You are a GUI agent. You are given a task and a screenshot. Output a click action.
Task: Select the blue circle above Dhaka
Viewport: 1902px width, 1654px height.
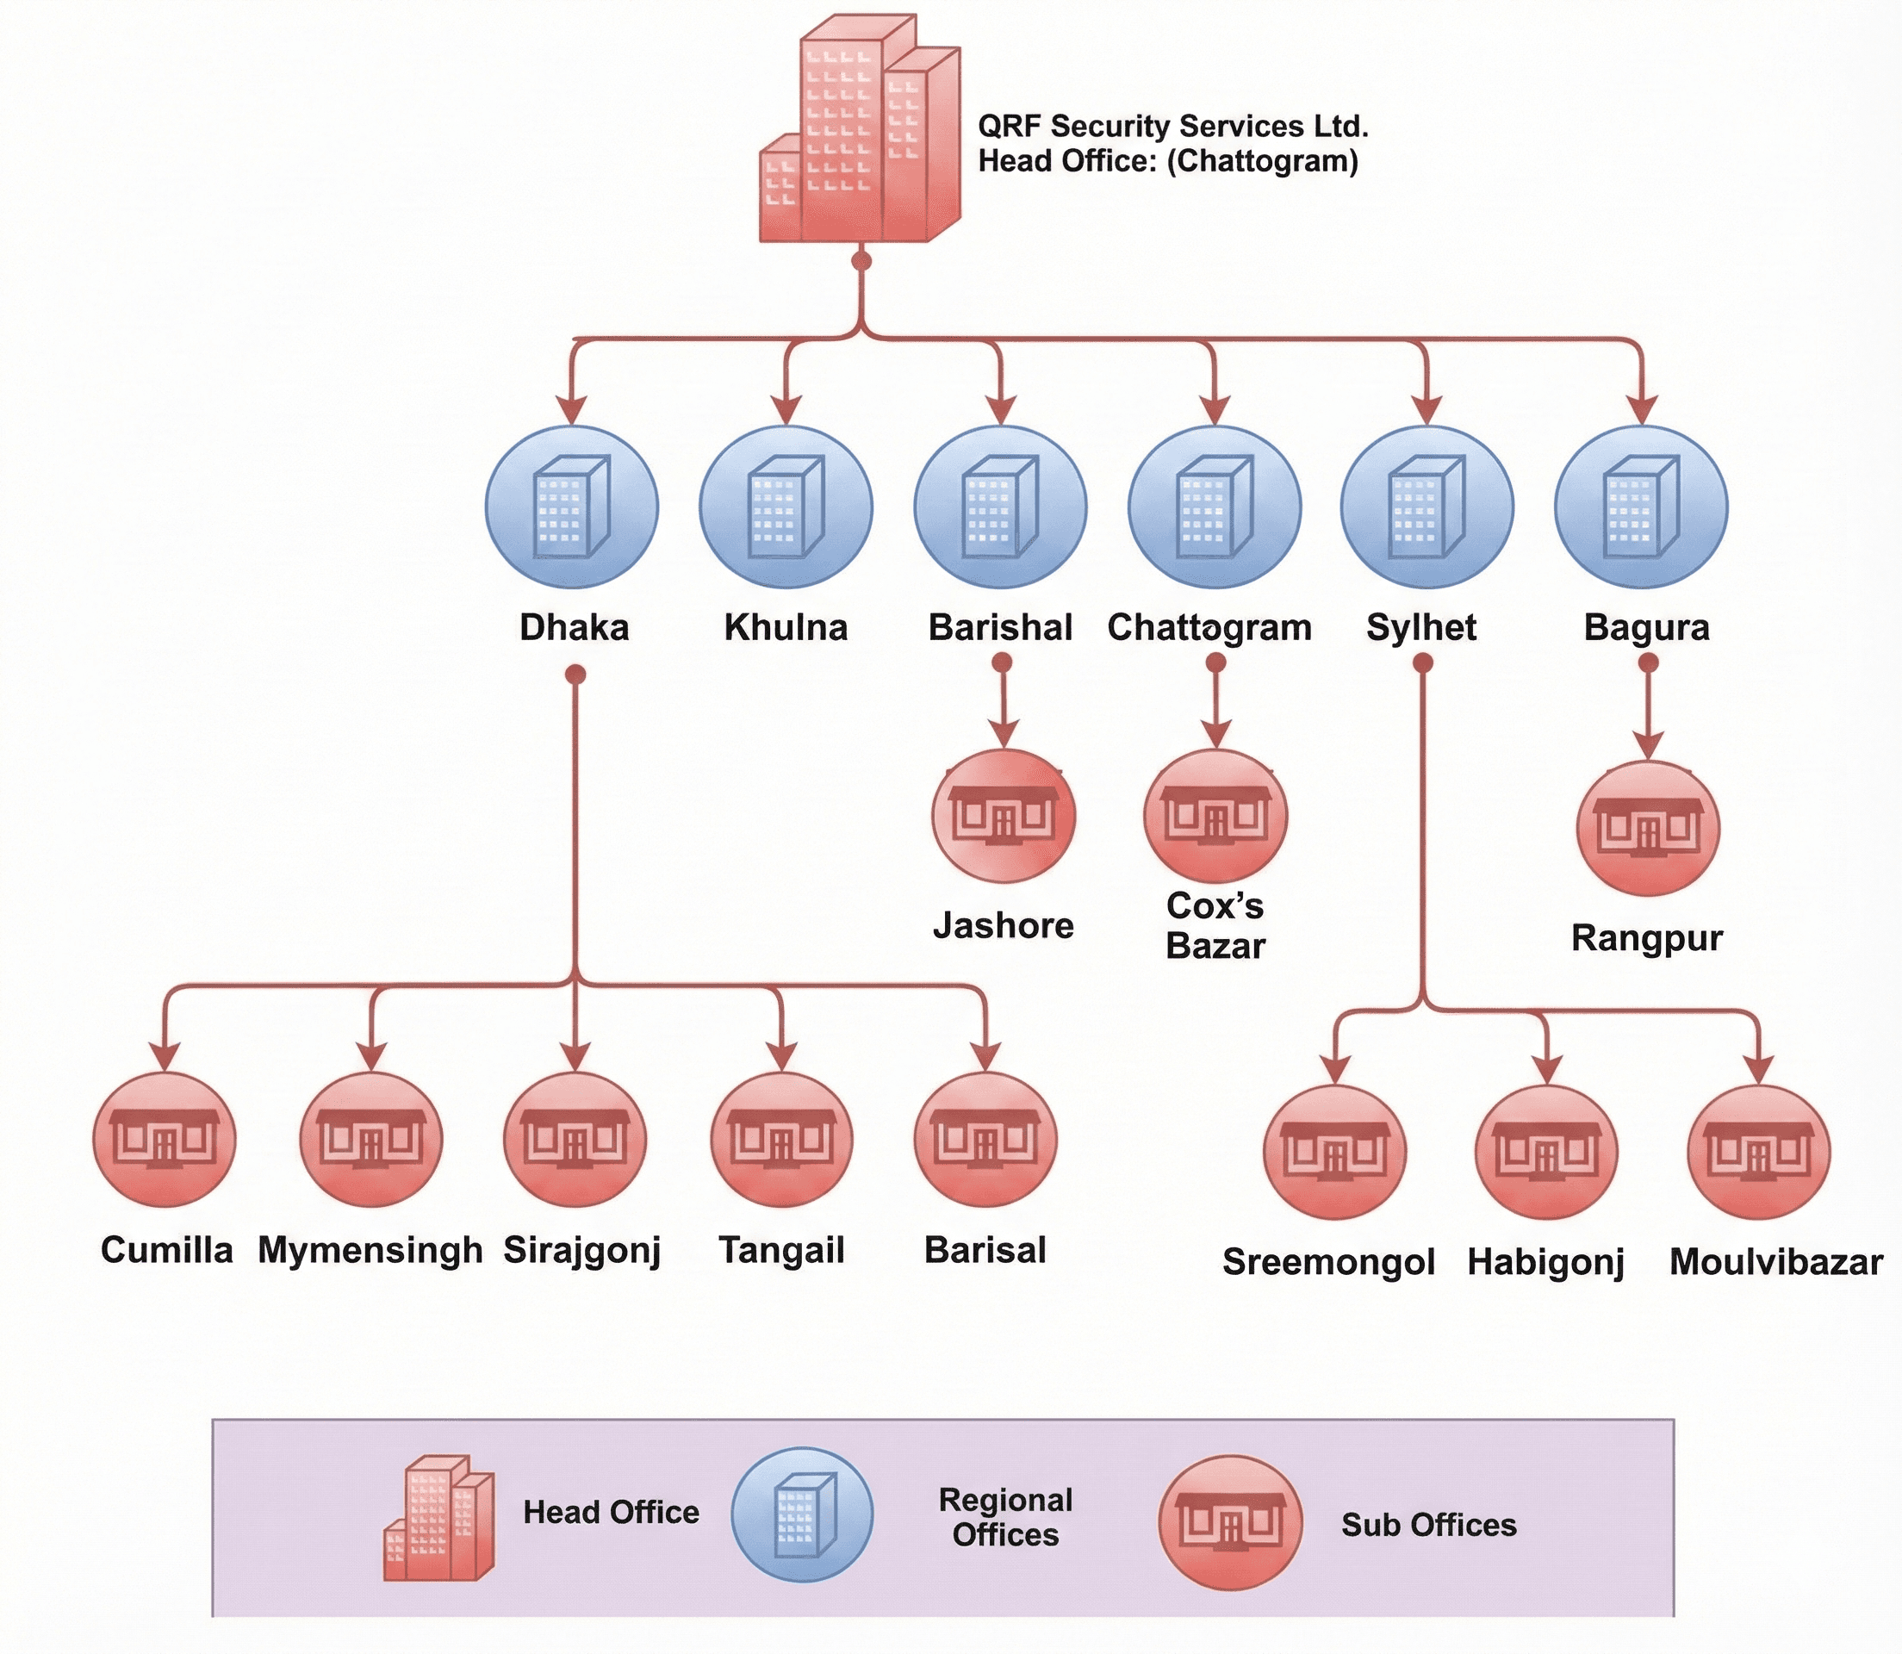tap(572, 507)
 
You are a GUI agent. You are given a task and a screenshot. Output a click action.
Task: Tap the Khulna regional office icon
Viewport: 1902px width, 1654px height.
tap(786, 507)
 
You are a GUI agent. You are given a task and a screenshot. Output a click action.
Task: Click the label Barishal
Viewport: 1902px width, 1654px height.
tap(1000, 628)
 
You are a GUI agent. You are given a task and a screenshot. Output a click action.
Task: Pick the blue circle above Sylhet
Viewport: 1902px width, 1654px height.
tap(1426, 507)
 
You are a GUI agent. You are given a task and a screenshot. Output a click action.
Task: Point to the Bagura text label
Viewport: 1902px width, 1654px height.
tap(1646, 628)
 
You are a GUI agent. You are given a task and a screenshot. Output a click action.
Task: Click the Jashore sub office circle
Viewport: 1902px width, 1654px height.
tap(1004, 818)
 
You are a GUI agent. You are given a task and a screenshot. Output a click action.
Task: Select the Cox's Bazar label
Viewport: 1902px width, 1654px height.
tap(1215, 926)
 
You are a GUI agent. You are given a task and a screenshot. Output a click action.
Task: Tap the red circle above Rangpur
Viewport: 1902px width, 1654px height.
tap(1647, 829)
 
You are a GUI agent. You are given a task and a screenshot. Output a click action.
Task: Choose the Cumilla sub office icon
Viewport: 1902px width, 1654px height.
tap(165, 1140)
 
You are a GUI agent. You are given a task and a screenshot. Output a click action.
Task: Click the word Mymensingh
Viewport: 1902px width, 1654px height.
tap(370, 1251)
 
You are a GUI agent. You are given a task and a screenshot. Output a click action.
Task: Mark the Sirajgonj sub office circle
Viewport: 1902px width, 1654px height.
tap(575, 1140)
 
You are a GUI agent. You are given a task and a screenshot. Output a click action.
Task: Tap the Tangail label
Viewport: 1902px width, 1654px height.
tap(781, 1251)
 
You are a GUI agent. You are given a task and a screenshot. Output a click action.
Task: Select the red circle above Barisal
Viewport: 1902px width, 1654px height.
tap(985, 1140)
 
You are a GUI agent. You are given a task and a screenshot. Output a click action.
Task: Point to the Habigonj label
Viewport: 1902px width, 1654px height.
tap(1545, 1263)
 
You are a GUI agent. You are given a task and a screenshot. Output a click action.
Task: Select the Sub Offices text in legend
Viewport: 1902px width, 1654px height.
tap(1428, 1525)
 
